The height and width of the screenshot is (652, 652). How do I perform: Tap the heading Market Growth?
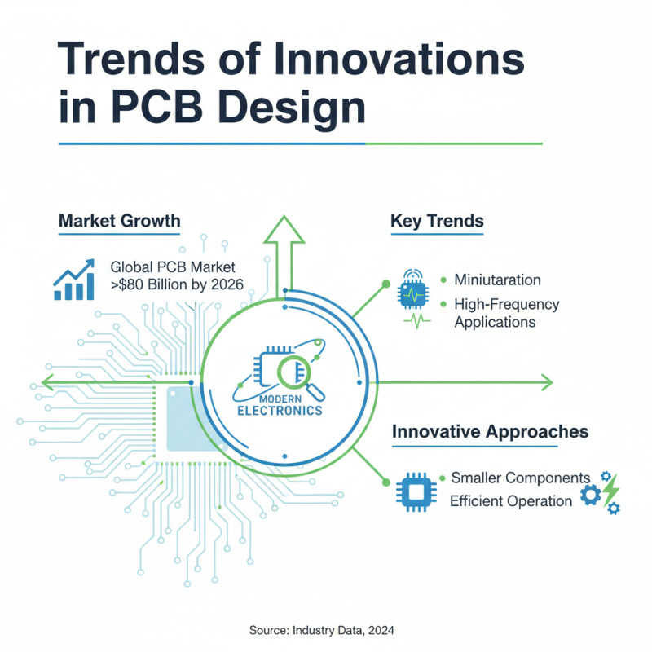[x=119, y=222]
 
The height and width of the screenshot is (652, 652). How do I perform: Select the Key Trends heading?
[x=437, y=222]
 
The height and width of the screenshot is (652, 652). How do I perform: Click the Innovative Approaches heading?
[x=490, y=431]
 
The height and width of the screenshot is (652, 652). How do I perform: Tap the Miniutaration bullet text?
[x=497, y=280]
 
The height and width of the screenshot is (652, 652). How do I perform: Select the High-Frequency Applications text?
[x=506, y=313]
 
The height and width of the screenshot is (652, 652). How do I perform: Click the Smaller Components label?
[x=520, y=477]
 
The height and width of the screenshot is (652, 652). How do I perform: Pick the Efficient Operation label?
[x=511, y=500]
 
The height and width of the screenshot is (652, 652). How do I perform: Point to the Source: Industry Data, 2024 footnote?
[x=326, y=630]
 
